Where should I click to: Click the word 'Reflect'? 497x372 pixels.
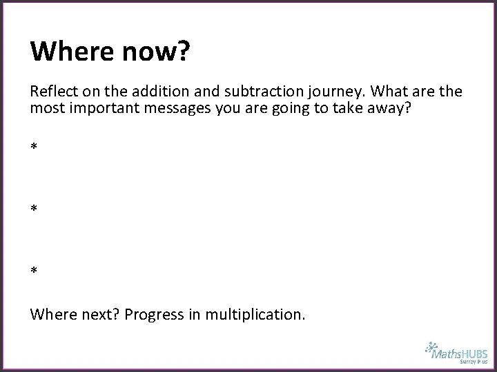click(x=52, y=92)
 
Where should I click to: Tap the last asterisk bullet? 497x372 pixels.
click(x=34, y=270)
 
